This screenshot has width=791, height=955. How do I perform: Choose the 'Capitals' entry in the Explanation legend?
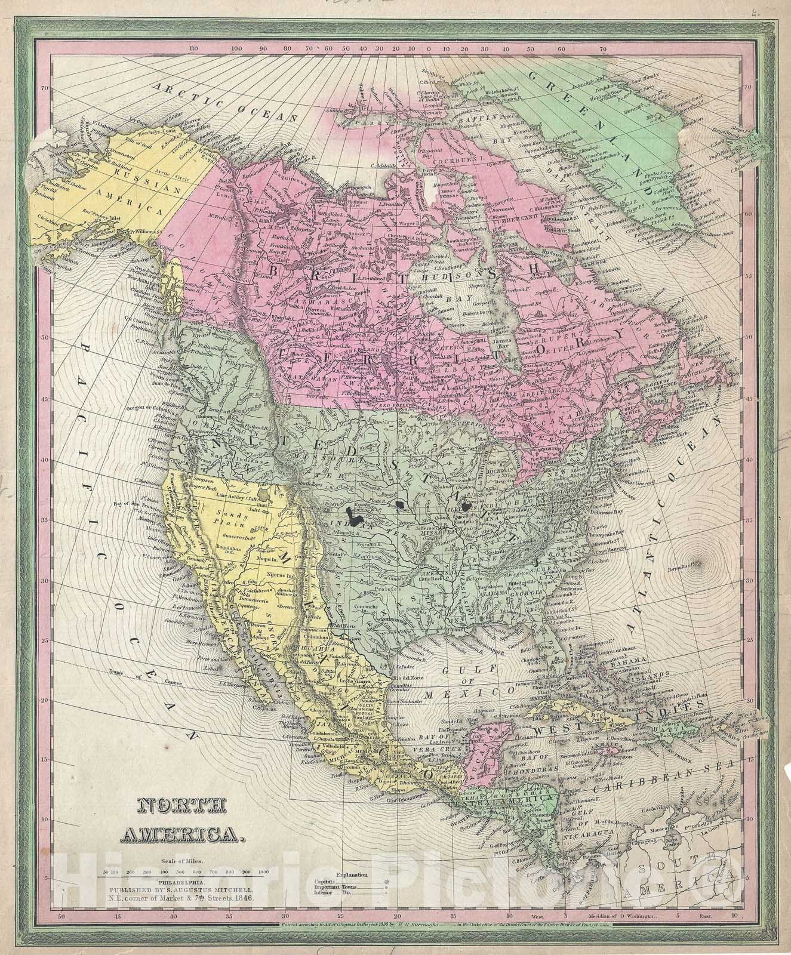(x=325, y=881)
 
